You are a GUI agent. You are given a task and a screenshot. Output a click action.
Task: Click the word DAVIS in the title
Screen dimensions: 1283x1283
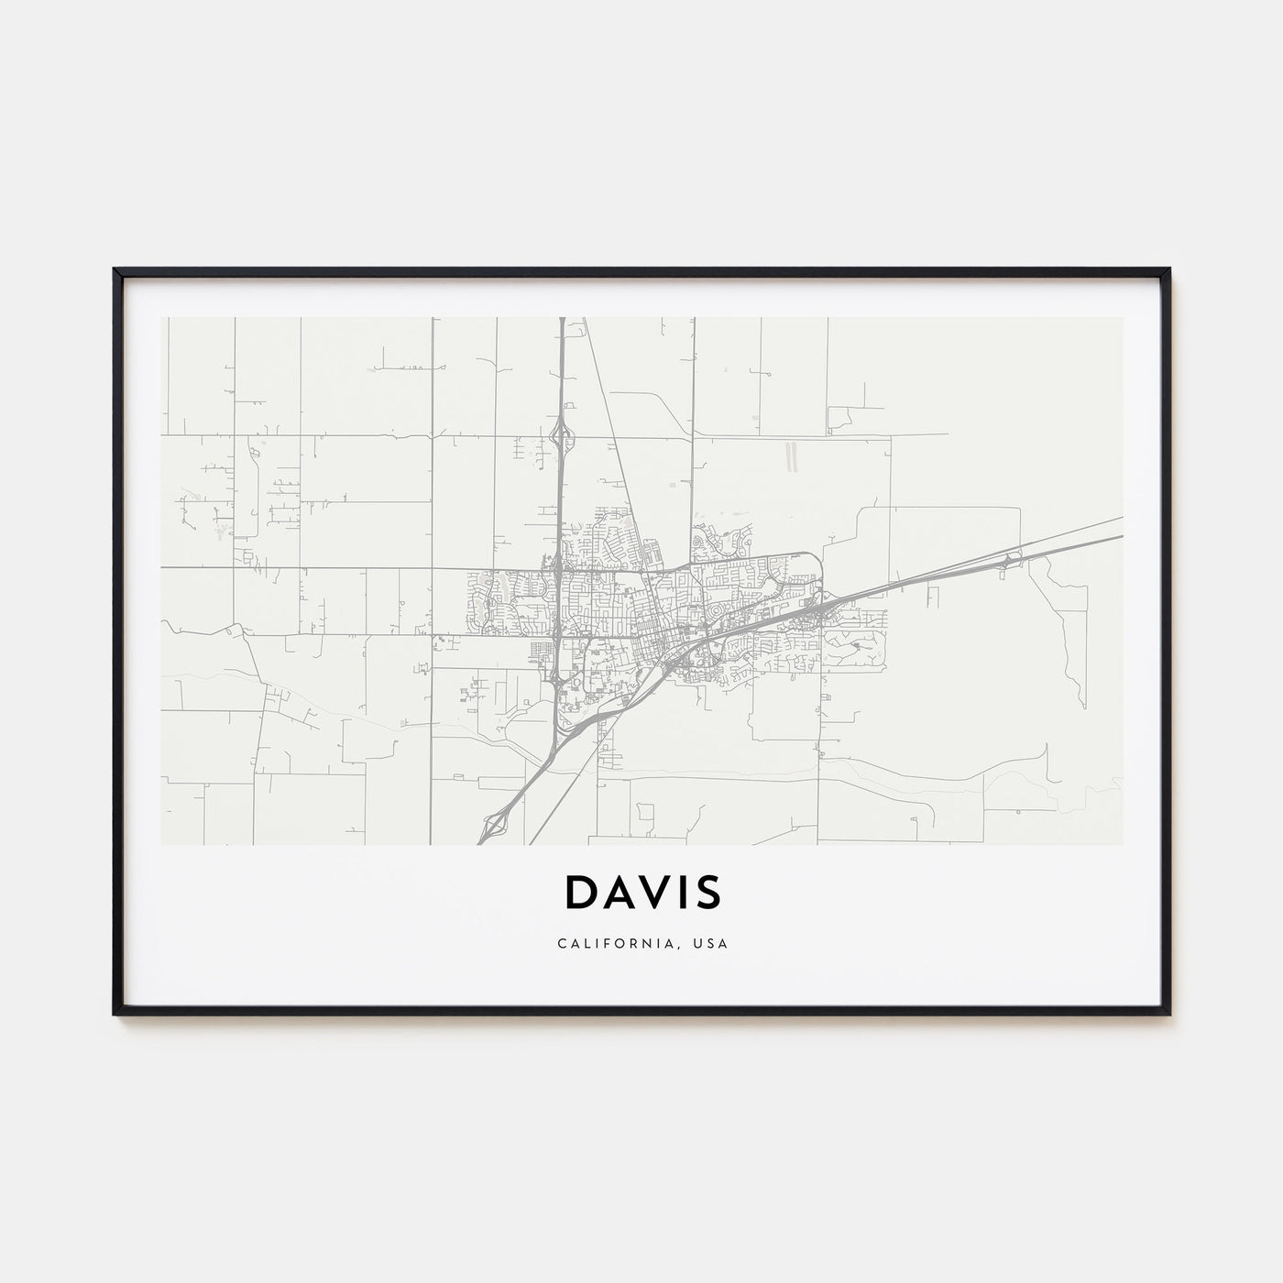641,893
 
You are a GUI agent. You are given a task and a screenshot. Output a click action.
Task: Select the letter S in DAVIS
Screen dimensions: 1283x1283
707,893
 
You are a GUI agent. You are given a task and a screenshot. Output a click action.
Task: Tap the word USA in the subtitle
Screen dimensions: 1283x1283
711,943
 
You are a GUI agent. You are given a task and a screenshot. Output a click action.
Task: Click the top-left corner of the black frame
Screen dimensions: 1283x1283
115,269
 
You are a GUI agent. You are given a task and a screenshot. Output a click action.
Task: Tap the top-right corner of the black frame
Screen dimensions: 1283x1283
1169,269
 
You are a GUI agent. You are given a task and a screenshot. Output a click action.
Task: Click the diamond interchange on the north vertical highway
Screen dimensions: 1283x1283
562,436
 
